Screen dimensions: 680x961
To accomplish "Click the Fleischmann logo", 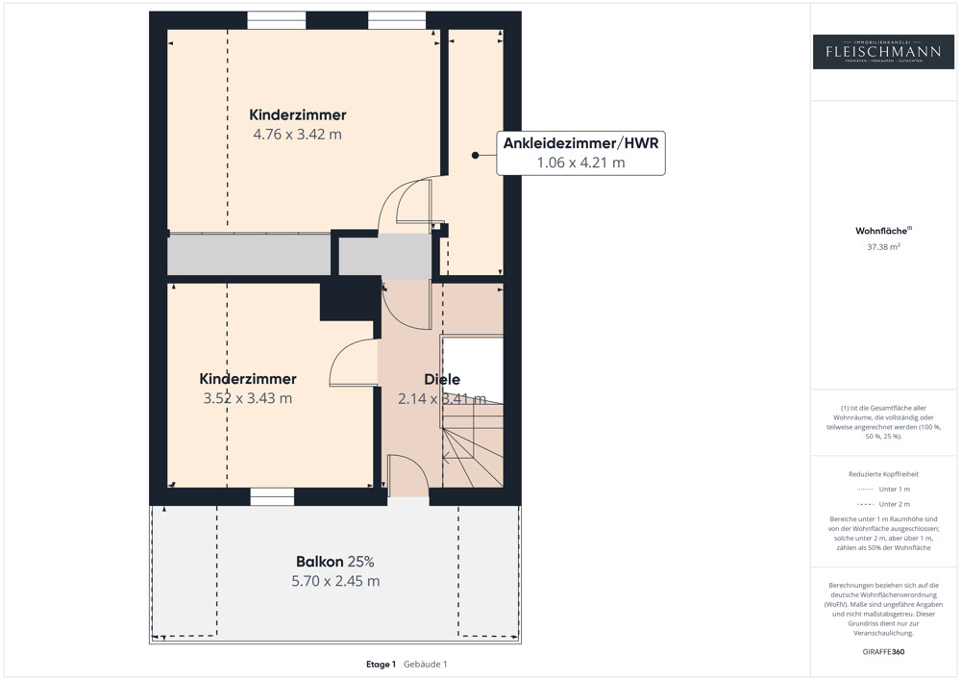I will (883, 51).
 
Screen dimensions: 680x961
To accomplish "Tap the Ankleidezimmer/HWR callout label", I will (580, 153).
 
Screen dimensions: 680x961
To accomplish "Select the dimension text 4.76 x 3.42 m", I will (297, 135).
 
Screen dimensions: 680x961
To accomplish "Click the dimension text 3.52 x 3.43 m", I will (248, 398).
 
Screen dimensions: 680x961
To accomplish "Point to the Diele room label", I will (442, 379).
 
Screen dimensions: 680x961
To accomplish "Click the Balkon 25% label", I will (334, 562).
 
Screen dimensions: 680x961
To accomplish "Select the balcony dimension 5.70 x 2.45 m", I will (335, 581).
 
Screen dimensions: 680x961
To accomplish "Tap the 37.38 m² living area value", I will (883, 246).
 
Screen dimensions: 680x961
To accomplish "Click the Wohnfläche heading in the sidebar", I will (883, 231).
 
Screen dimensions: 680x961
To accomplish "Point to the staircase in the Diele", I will (472, 442).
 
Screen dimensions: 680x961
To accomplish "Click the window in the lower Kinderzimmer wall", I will (272, 496).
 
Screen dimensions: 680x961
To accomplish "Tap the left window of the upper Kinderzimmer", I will (276, 20).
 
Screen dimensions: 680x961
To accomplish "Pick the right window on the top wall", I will (397, 20).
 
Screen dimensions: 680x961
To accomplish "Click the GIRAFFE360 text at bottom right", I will (883, 651).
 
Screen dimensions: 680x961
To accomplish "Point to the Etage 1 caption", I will (381, 664).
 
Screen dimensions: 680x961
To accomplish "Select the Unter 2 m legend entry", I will (883, 504).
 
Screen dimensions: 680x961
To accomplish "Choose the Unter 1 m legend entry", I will (883, 490).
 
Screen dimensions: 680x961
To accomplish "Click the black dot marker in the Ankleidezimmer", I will (475, 155).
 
